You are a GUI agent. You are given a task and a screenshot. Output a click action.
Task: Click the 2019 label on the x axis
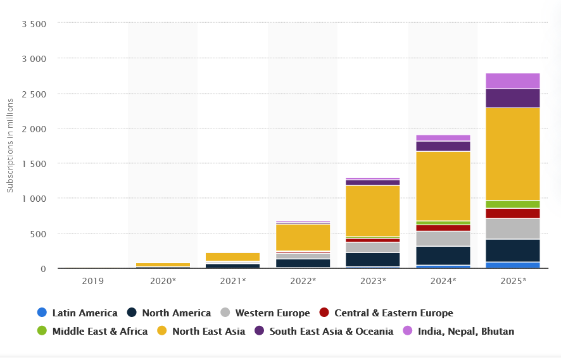coord(92,280)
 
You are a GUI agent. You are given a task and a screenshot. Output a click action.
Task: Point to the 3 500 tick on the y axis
coord(34,24)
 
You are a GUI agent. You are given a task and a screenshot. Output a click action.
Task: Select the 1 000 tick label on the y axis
coord(34,199)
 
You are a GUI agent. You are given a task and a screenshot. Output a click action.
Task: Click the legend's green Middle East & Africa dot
coord(42,331)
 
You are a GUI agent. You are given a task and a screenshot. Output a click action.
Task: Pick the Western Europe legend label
coord(272,313)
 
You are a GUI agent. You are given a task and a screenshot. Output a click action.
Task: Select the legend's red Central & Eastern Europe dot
coord(324,313)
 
